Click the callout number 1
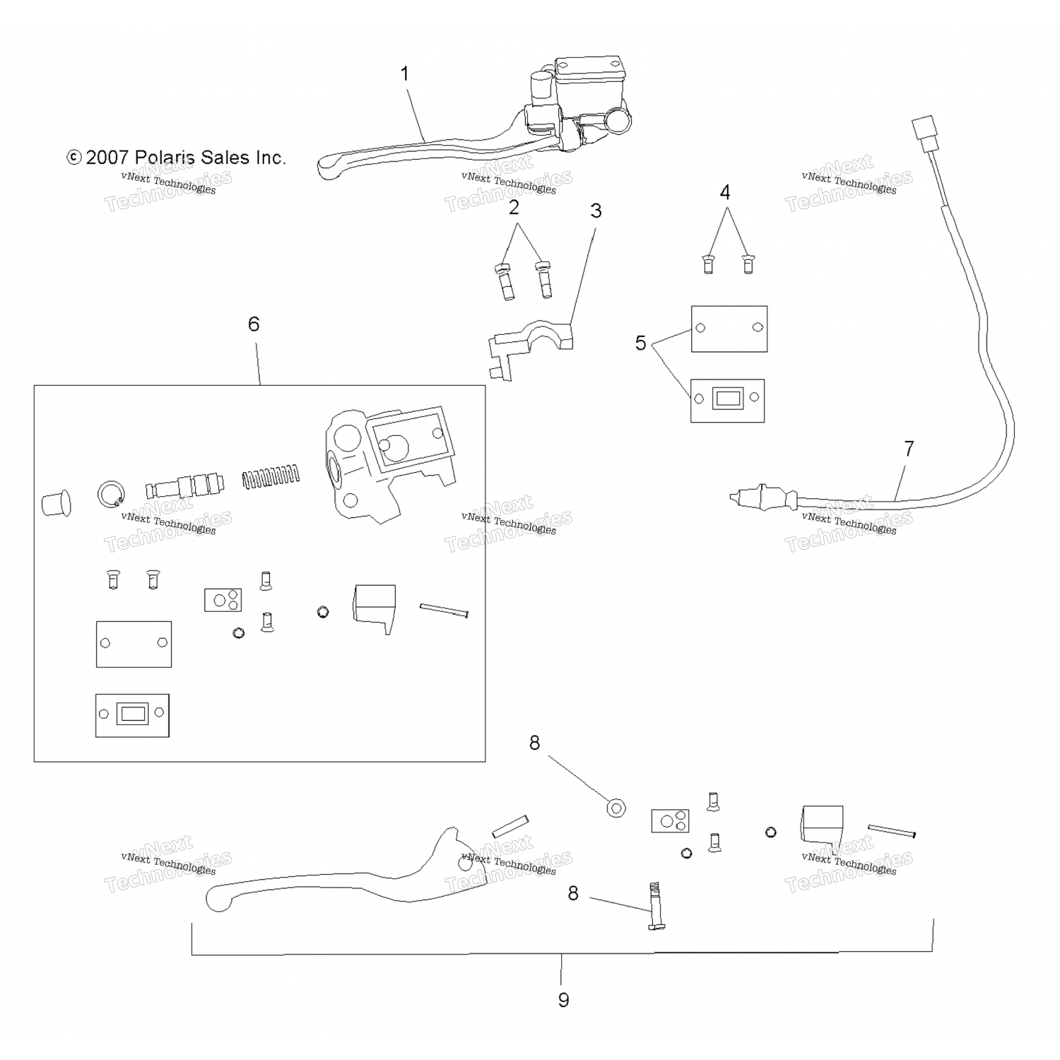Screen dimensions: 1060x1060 point(405,74)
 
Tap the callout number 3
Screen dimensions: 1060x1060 point(596,211)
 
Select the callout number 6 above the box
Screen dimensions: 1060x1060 point(254,324)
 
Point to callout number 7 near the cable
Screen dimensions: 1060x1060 point(909,449)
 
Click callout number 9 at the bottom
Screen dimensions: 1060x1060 point(563,1000)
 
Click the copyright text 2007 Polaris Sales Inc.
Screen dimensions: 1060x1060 point(177,158)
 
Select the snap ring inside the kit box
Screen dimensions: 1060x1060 point(110,493)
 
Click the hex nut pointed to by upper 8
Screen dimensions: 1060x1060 point(616,808)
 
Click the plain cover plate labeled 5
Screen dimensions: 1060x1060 point(729,329)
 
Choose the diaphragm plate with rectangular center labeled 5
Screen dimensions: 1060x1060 point(727,400)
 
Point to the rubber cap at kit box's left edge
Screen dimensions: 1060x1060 point(56,502)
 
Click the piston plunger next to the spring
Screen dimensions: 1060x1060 point(185,486)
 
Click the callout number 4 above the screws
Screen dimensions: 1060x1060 point(725,192)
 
